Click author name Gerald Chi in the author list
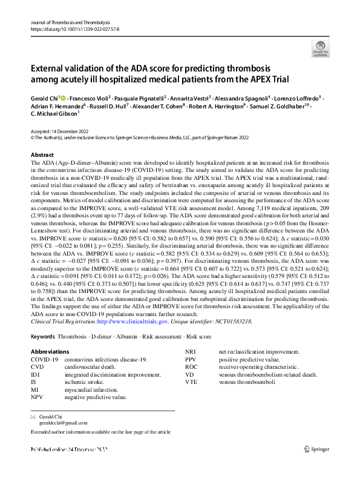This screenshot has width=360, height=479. point(46,98)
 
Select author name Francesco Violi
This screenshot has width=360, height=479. point(91,98)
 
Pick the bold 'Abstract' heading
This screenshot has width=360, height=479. point(42,155)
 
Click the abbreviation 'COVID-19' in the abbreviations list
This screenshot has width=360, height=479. point(45,360)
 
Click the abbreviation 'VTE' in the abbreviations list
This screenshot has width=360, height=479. point(192,382)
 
